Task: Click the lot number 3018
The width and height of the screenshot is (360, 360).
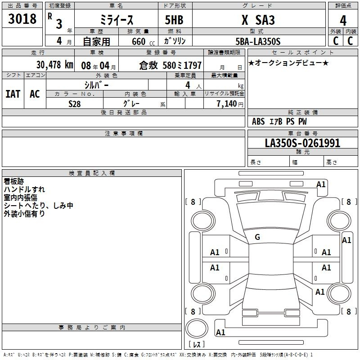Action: click(22, 18)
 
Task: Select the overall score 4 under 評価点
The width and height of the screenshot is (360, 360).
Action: click(343, 21)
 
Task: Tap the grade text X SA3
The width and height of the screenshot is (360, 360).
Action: click(258, 20)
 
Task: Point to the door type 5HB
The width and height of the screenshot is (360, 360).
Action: click(174, 20)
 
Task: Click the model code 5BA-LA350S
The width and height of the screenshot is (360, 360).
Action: click(258, 41)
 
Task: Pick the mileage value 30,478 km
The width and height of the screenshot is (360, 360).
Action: click(54, 65)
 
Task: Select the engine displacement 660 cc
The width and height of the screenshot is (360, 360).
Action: click(143, 42)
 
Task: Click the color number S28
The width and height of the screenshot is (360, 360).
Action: click(74, 104)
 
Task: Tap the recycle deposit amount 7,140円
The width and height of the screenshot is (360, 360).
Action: click(230, 104)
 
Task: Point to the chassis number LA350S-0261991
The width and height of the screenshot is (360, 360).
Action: click(302, 143)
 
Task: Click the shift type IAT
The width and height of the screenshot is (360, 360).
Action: click(13, 94)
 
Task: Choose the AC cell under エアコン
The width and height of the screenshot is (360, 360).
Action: click(35, 94)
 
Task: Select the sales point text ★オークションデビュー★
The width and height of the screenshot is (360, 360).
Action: click(288, 63)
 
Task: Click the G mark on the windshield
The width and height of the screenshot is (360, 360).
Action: click(257, 237)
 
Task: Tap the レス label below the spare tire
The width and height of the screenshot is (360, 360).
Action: click(197, 344)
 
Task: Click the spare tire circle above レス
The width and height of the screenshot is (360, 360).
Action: click(197, 328)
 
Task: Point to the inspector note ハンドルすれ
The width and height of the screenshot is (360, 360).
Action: click(24, 189)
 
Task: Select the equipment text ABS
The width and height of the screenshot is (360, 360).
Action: click(258, 121)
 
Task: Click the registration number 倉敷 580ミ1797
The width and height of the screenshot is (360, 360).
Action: click(171, 65)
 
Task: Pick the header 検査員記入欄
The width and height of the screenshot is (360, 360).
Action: click(92, 173)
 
